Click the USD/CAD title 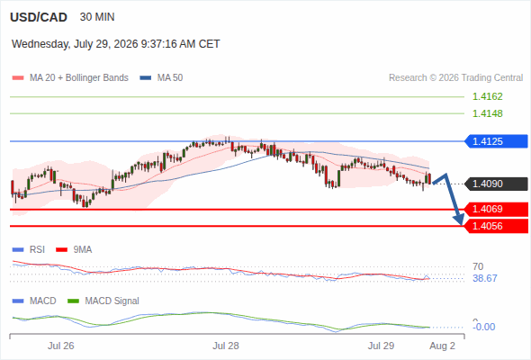[39, 17]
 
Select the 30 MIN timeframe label [97, 17]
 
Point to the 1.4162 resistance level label [487, 96]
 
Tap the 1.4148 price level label [487, 113]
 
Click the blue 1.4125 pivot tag [496, 141]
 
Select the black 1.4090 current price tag [496, 184]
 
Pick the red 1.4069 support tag [496, 210]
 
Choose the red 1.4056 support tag [496, 226]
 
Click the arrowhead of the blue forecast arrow [460, 220]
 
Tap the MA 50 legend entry [161, 78]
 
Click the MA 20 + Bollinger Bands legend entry [70, 78]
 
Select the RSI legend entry [29, 249]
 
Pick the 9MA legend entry [74, 249]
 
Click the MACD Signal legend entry [103, 301]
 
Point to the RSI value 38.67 [485, 278]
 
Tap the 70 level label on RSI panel [478, 266]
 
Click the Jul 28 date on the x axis [226, 346]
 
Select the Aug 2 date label [442, 346]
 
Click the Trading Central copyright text [455, 78]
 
